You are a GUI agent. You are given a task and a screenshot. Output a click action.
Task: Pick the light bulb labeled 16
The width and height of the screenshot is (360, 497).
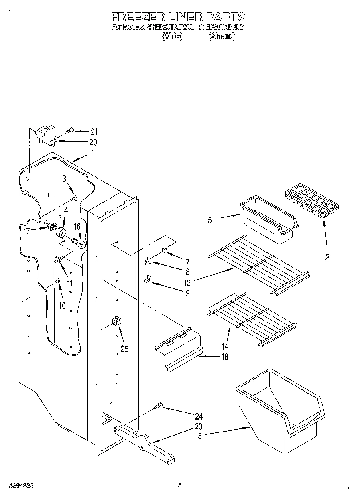click(x=79, y=243)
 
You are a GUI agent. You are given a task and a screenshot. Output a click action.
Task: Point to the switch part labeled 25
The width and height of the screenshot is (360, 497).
click(x=116, y=320)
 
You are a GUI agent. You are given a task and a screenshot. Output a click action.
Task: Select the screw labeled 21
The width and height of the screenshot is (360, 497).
click(x=69, y=130)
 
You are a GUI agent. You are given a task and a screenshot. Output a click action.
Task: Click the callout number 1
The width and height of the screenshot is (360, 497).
click(x=92, y=152)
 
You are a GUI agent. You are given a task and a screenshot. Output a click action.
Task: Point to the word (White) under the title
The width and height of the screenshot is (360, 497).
click(x=172, y=36)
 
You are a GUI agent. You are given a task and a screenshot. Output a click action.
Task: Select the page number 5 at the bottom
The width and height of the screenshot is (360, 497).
click(x=180, y=485)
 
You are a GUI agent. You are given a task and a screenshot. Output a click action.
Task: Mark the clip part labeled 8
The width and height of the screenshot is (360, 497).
click(x=147, y=262)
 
